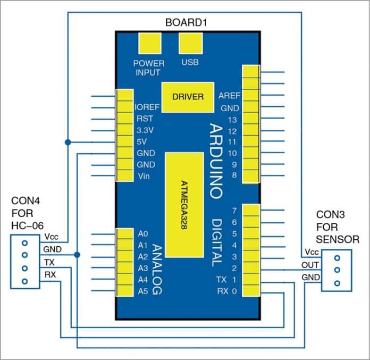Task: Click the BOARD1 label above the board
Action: [187, 23]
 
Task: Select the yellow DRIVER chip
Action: [188, 97]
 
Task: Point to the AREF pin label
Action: [229, 96]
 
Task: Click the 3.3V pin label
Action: [145, 130]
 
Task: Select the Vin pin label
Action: [143, 175]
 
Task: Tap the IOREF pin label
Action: [147, 107]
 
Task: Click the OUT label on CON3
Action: [310, 265]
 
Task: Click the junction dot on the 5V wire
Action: [68, 142]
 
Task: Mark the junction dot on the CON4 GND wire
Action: [78, 255]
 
